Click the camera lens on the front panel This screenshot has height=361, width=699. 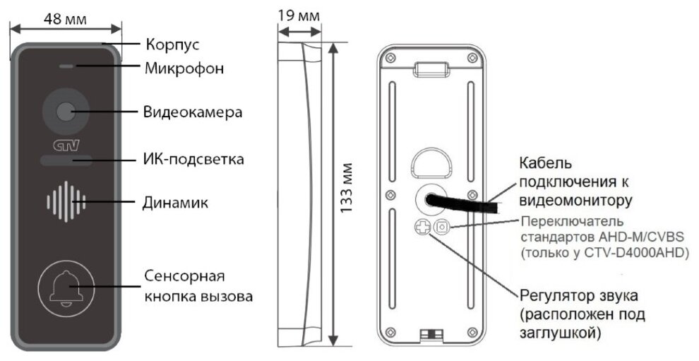[x=65, y=112]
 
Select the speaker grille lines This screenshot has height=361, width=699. [x=65, y=201]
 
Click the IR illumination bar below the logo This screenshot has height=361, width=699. [x=66, y=162]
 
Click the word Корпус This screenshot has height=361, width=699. [x=172, y=45]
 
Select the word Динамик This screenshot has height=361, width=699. [x=177, y=202]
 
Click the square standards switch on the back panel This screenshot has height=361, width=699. [x=442, y=227]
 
